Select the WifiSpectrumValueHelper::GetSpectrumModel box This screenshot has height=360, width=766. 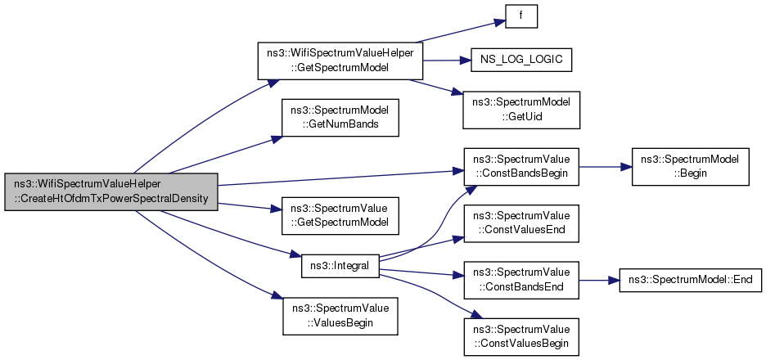point(340,61)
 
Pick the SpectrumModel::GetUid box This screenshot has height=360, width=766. point(521,110)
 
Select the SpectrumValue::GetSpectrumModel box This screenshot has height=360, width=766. point(340,214)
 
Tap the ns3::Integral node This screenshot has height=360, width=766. point(340,265)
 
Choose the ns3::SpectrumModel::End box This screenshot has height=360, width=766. point(692,279)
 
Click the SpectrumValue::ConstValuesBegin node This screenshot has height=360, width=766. point(521,335)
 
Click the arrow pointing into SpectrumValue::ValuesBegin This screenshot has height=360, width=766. point(205,258)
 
